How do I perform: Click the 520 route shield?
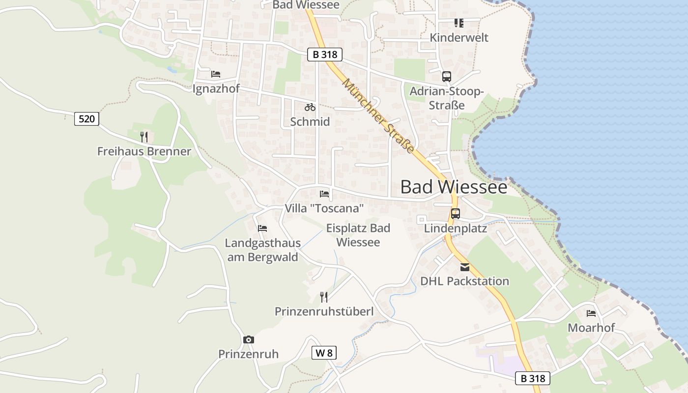(86, 118)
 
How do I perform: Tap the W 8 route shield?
(324, 353)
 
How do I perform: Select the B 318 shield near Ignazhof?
(324, 55)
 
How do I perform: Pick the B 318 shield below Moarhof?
(533, 378)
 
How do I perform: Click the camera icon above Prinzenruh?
(249, 339)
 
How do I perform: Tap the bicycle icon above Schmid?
(310, 107)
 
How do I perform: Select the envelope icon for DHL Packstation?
(464, 267)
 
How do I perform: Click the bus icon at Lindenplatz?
(456, 214)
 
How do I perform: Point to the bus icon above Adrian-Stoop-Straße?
(446, 77)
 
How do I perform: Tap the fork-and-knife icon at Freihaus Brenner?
(143, 137)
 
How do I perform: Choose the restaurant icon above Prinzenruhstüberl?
(323, 297)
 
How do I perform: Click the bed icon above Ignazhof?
(215, 74)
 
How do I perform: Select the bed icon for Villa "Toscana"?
(324, 194)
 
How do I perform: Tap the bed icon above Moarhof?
(591, 313)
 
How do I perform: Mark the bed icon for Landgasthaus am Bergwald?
(262, 228)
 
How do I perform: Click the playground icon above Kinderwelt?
(459, 23)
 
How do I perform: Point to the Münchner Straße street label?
(378, 116)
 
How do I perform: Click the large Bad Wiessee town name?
(454, 187)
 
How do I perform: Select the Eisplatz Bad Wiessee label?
(358, 235)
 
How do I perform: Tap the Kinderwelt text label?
(459, 38)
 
